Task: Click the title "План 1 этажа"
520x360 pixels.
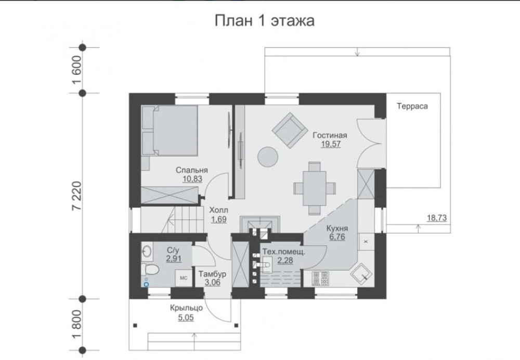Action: [x=265, y=21]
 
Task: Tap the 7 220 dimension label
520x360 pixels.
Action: [x=78, y=196]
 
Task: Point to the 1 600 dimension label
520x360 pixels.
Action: [x=78, y=67]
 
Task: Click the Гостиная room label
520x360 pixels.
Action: [x=330, y=136]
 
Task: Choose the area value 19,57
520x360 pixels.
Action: [x=330, y=145]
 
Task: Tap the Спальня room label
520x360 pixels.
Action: [x=192, y=170]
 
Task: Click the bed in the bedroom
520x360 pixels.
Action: [x=171, y=131]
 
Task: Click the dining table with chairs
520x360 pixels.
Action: [x=315, y=187]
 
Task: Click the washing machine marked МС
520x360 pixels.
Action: [x=184, y=278]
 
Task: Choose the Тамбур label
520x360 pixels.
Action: [x=205, y=274]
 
